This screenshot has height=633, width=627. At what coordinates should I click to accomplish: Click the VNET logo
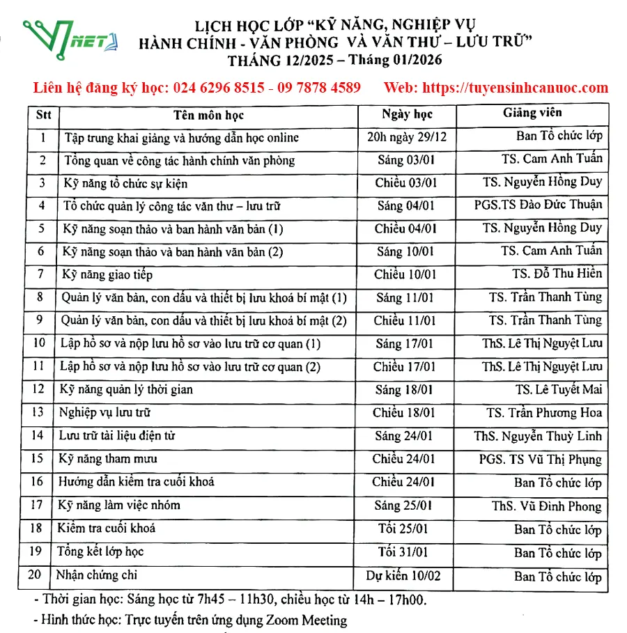70,38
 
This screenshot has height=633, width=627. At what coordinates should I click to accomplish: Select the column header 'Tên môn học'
208,115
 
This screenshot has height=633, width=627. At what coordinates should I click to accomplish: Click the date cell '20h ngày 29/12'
407,137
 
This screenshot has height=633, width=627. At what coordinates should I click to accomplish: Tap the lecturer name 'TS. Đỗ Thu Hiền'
557,274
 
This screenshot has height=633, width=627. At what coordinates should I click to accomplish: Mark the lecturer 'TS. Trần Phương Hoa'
544,413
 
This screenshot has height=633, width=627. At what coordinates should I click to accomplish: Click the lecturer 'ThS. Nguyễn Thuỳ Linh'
538,437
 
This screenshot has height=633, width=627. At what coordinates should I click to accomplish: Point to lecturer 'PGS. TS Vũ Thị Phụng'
540,460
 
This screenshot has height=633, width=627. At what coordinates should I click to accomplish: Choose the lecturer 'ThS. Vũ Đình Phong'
546,506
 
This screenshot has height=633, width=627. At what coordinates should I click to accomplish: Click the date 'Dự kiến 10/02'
403,576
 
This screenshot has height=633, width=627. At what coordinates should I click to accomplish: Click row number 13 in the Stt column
39,413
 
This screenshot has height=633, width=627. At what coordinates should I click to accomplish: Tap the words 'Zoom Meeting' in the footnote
306,619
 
